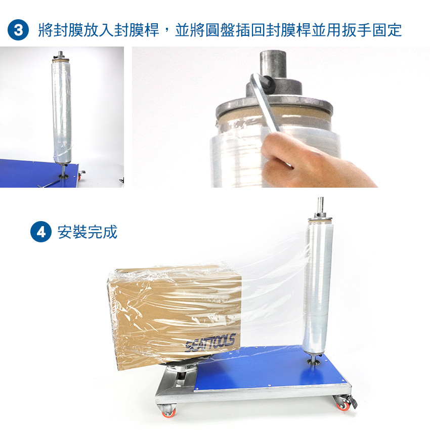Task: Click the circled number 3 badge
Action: click(x=18, y=30)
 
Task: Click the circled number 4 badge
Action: click(x=41, y=232)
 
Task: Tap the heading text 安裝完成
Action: click(x=88, y=232)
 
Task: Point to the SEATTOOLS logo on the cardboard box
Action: click(x=210, y=342)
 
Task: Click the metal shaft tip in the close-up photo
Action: click(x=273, y=64)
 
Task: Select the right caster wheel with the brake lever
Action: click(x=344, y=403)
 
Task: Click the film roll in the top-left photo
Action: click(x=62, y=113)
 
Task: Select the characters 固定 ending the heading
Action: click(x=387, y=30)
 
